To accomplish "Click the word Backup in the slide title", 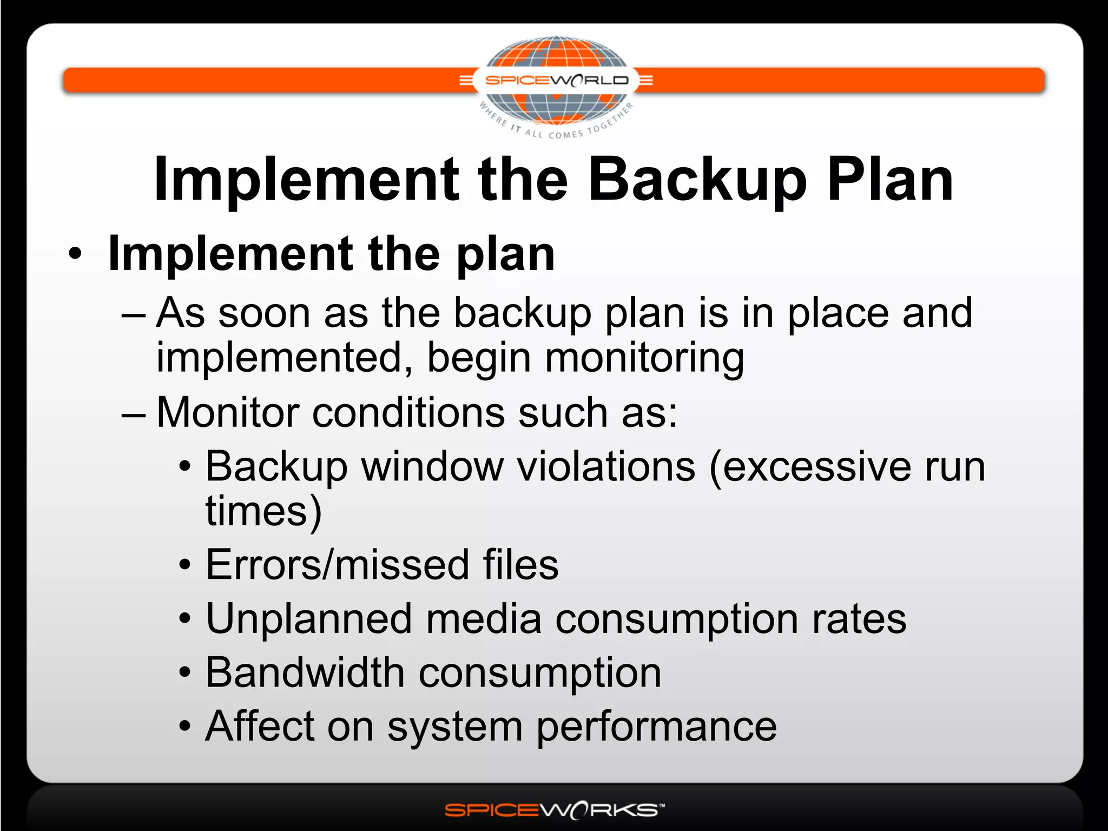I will click(698, 180).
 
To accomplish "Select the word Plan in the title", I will click(890, 180).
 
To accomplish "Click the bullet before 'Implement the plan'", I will click(76, 254).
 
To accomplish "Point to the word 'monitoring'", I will click(644, 358).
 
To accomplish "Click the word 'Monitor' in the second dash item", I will click(227, 412).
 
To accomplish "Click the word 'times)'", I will click(263, 511).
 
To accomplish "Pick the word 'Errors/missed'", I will click(337, 565).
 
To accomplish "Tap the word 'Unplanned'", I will click(309, 619).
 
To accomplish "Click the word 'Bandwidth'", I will click(305, 672).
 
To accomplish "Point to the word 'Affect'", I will click(260, 726).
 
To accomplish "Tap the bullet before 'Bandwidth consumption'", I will click(185, 673).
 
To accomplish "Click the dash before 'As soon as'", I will click(134, 314).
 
